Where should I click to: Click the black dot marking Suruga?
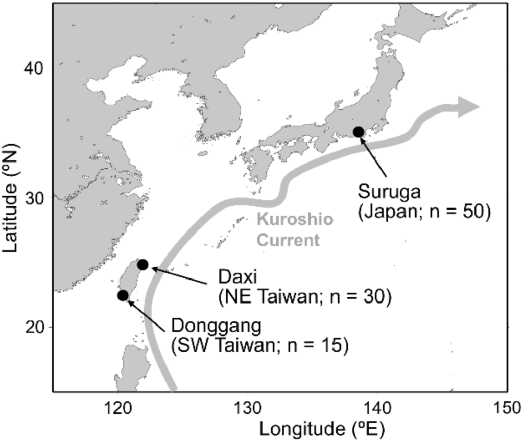(x=359, y=132)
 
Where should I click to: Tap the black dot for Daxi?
(x=143, y=265)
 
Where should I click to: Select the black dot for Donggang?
(x=123, y=295)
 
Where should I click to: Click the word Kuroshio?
(x=295, y=220)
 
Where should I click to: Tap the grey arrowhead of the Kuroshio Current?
(x=468, y=107)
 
